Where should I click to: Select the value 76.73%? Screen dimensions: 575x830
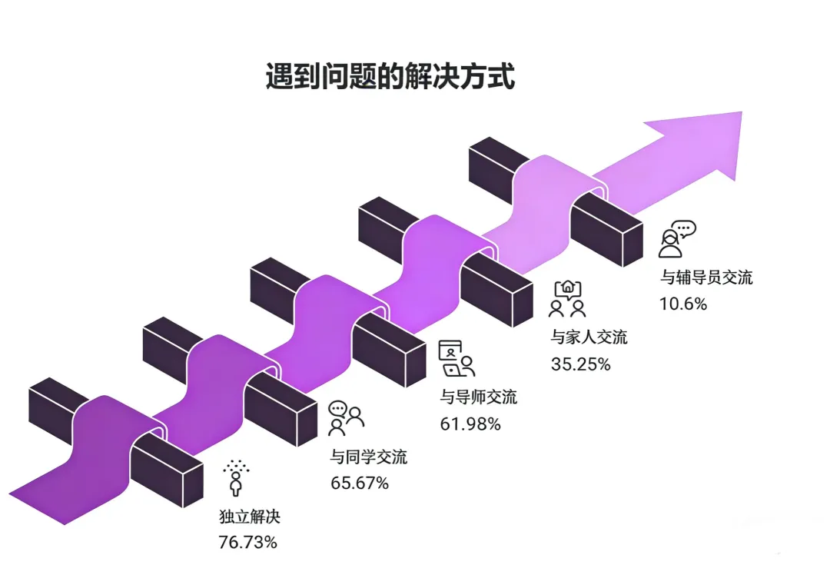(247, 542)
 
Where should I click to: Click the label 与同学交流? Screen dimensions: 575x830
(368, 457)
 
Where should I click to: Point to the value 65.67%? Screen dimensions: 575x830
(359, 483)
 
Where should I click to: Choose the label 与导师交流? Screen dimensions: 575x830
(478, 397)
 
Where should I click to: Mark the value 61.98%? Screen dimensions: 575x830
(470, 423)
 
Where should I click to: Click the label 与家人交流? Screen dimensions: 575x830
(589, 337)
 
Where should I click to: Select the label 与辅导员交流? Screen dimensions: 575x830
(706, 278)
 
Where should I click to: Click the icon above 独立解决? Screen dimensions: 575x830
(236, 477)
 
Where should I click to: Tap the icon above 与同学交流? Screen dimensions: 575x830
(345, 417)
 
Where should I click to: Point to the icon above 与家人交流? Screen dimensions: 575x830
(567, 299)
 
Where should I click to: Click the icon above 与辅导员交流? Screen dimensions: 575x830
(676, 239)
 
